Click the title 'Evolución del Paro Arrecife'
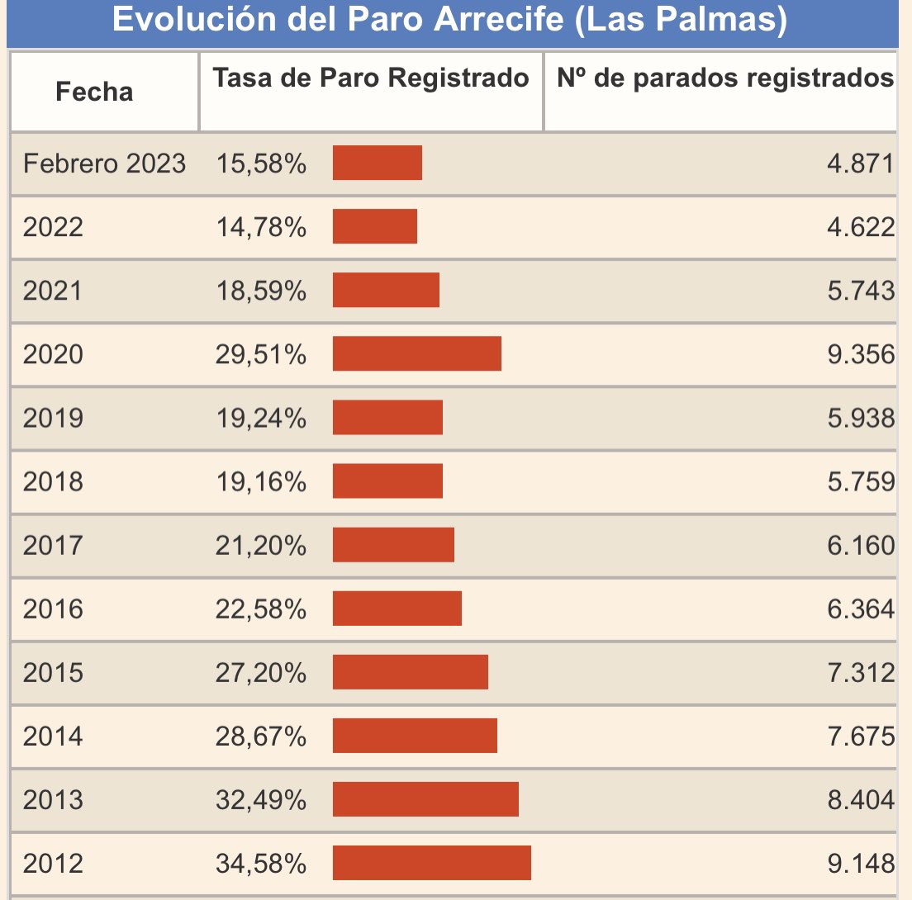point(449,20)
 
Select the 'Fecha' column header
point(94,92)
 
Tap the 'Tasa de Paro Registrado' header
point(371,78)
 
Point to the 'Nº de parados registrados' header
point(725,78)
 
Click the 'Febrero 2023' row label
point(104,163)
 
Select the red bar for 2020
point(417,354)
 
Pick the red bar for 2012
point(432,864)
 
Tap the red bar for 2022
point(375,226)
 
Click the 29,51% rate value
point(261,355)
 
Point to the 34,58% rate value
point(261,864)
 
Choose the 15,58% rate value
point(261,163)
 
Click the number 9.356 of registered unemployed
point(861,355)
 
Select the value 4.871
point(861,163)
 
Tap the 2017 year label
point(53,546)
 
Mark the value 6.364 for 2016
point(861,609)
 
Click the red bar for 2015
point(411,672)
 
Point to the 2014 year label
point(53,737)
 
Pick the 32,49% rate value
point(261,800)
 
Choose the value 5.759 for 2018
point(861,481)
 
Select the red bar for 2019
point(387,418)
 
